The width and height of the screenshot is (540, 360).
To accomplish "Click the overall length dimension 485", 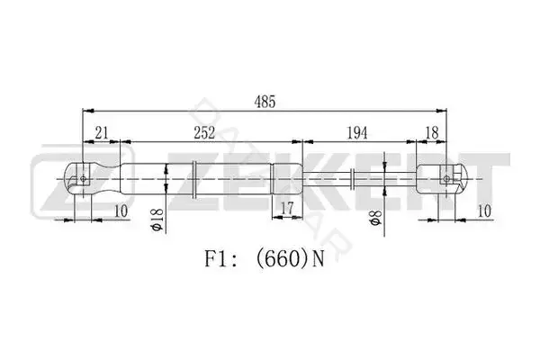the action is pyautogui.click(x=265, y=102).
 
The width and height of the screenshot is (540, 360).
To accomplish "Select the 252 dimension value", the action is pyautogui.click(x=204, y=132).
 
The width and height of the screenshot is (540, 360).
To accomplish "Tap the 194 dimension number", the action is pyautogui.click(x=356, y=132).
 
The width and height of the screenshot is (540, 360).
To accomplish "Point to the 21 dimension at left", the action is pyautogui.click(x=102, y=132).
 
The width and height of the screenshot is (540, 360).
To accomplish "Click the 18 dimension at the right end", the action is pyautogui.click(x=432, y=132).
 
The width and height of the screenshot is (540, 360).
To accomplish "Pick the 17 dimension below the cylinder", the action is pyautogui.click(x=287, y=208).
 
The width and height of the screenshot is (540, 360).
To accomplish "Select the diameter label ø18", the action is pyautogui.click(x=157, y=220).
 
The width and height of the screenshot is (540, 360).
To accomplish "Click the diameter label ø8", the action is pyautogui.click(x=375, y=218).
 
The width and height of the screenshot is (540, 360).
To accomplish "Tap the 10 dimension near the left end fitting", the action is pyautogui.click(x=121, y=211).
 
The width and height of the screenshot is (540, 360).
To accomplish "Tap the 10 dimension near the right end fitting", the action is pyautogui.click(x=484, y=211).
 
